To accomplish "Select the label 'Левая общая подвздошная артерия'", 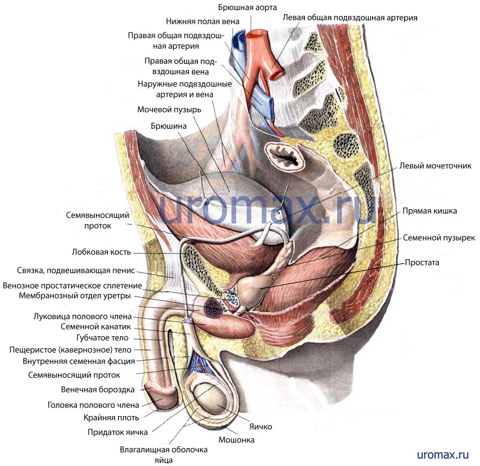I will coord(350,18).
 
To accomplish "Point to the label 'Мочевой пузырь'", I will coord(169,109).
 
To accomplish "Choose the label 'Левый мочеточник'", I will coord(435,166).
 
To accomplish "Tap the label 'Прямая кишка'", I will coord(429,211).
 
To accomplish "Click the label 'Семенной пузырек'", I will coord(439,238).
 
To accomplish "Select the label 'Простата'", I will coord(422,263).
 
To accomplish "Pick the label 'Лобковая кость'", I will coord(101,252).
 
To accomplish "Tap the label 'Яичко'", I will coord(260,427).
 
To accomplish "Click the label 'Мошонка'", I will coord(237,440).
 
